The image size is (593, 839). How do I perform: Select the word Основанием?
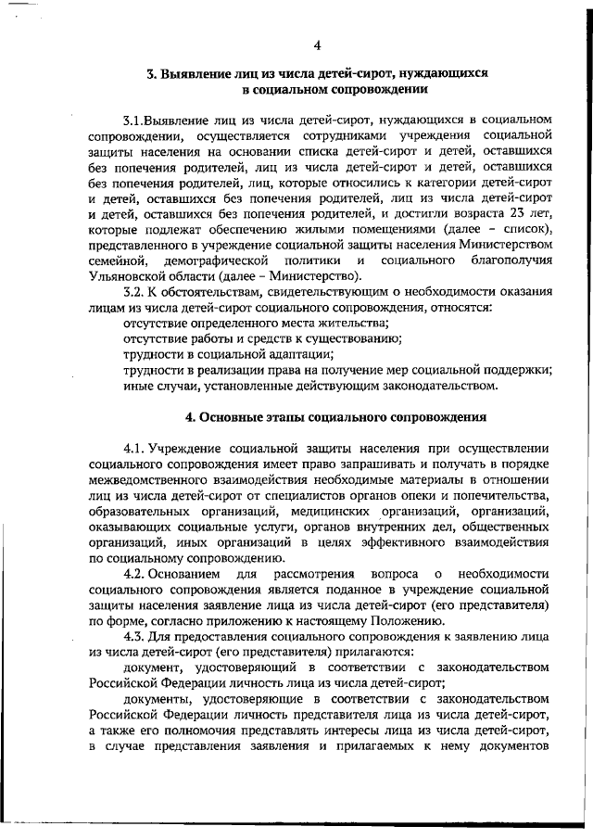click(181, 575)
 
